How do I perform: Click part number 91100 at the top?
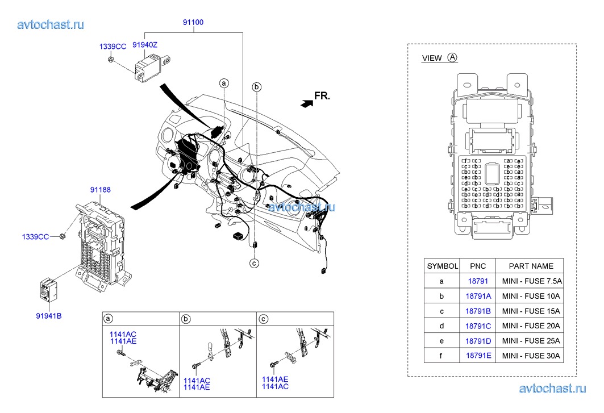(x=193, y=23)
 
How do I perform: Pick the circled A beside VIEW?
(x=452, y=57)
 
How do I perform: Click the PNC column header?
(x=478, y=266)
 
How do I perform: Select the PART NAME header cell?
(x=531, y=266)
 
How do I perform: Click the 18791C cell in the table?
(x=478, y=326)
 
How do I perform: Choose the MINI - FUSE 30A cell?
(x=531, y=356)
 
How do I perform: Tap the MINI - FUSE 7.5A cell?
(x=531, y=281)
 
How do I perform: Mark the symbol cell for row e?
(x=441, y=341)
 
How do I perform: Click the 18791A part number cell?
(x=478, y=296)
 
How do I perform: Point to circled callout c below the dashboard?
(x=255, y=263)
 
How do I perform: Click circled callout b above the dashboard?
(x=257, y=87)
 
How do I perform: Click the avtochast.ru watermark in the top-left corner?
(x=51, y=24)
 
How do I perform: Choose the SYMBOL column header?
(x=441, y=266)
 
